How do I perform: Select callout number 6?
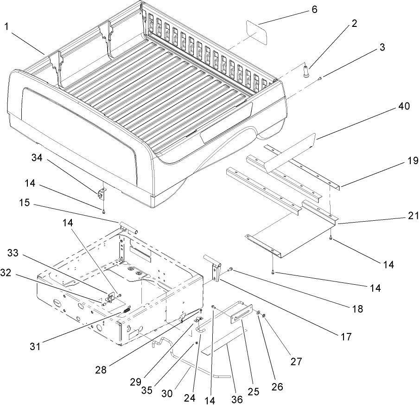pos(315,9)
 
